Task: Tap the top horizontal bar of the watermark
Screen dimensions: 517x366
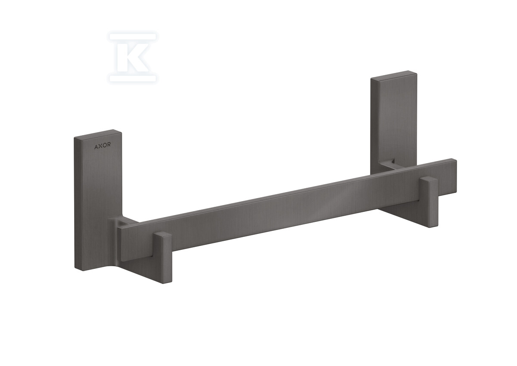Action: [x=133, y=37]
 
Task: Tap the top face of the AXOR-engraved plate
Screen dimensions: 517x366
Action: [x=98, y=134]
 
